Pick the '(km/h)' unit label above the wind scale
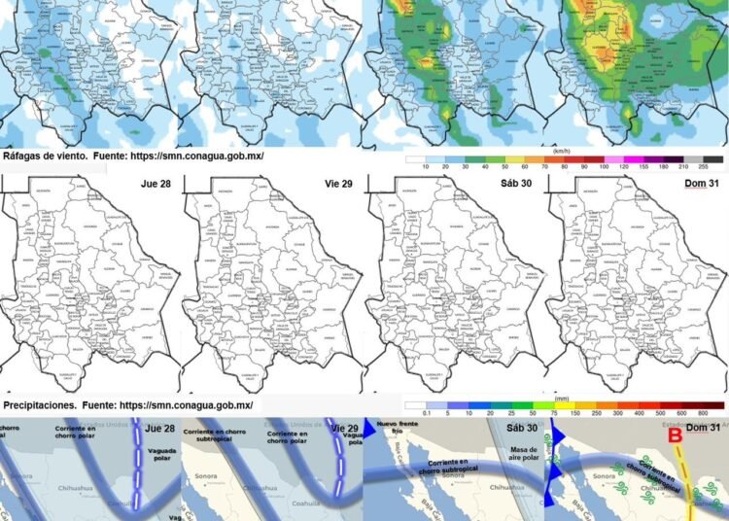[x=561, y=152]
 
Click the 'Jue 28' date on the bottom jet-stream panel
[x=159, y=429]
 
